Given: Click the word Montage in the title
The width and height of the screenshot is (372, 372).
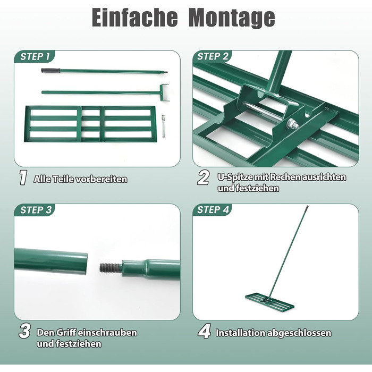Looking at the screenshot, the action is (x=232, y=19).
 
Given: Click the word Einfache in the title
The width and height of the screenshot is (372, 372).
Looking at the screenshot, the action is (x=134, y=18).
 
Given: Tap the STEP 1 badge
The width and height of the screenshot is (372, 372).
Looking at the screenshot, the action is (x=35, y=56).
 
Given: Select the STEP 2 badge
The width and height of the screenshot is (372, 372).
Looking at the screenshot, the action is (x=213, y=56).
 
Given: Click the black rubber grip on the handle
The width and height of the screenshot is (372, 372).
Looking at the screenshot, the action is (x=50, y=71).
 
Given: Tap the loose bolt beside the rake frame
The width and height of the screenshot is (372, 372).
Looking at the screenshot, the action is (x=163, y=126).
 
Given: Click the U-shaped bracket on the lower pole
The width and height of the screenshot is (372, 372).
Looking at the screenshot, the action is (x=164, y=92).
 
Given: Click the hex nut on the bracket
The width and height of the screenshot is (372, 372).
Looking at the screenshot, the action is (x=291, y=123).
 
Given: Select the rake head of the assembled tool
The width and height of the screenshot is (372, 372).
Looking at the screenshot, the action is (x=269, y=301).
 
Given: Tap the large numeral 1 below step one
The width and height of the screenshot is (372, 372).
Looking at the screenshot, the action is (x=23, y=177).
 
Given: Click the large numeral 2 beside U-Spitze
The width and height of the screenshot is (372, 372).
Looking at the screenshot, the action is (x=204, y=177).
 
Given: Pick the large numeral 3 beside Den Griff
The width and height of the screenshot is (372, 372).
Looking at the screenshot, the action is (x=24, y=331).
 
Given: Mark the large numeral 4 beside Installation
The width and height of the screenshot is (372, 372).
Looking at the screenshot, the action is (x=204, y=332).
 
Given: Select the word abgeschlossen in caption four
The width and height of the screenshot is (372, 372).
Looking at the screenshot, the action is (x=299, y=333).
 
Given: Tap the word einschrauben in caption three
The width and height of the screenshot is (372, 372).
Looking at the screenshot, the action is (x=107, y=332).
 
